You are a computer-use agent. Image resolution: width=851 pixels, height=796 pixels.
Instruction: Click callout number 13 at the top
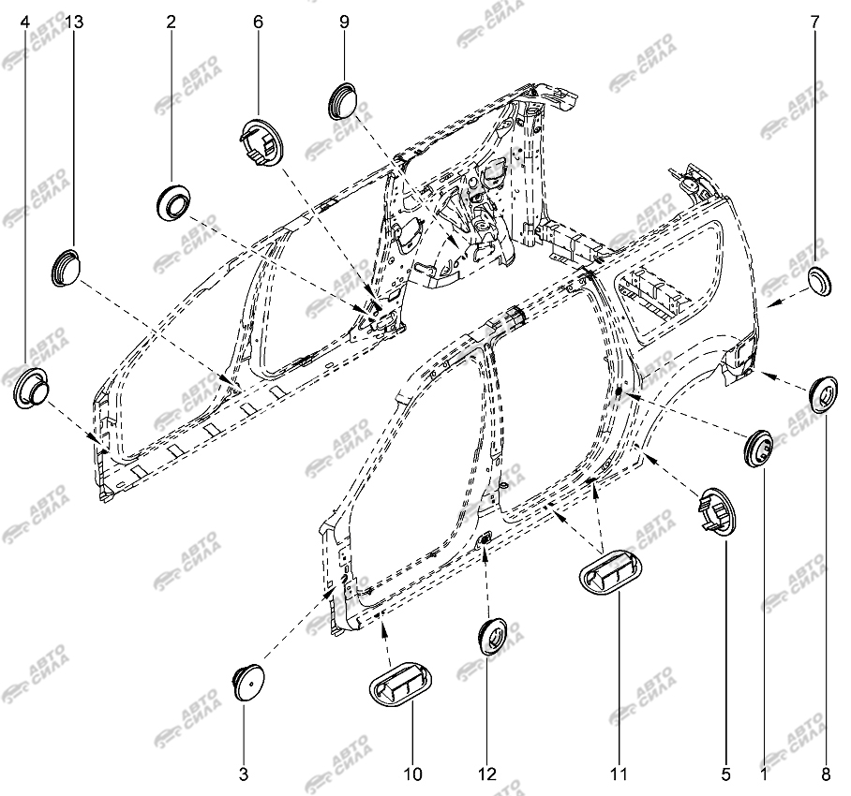coord(74,22)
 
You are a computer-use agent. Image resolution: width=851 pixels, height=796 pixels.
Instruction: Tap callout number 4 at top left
coord(25,22)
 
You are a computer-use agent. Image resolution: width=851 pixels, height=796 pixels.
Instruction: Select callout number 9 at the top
coord(344,22)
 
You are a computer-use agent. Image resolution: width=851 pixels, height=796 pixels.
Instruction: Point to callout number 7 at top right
coord(814,22)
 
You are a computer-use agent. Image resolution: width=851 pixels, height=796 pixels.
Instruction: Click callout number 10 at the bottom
coord(412,774)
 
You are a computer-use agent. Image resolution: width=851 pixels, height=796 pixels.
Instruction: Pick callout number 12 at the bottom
coord(487,774)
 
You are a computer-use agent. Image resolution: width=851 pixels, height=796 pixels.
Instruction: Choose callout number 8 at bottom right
coord(826,774)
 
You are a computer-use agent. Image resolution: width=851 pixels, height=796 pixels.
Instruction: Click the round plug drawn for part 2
coord(173,203)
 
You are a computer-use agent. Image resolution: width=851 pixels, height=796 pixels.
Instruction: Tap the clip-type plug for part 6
coord(261,142)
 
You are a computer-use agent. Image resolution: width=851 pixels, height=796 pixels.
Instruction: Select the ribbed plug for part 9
coord(341,100)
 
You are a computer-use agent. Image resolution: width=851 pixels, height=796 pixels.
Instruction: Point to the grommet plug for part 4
coord(30,387)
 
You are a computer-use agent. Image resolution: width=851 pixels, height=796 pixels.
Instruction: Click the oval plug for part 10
coord(401,684)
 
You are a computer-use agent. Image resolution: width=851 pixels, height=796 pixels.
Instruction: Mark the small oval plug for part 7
coord(819,282)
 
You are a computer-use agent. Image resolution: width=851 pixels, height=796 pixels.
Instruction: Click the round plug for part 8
coord(823,394)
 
